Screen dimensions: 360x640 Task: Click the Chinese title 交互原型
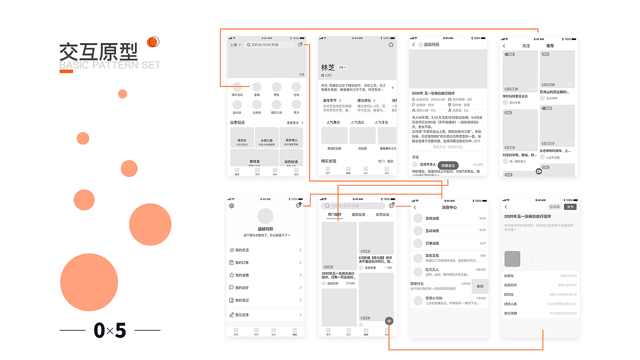(x=98, y=52)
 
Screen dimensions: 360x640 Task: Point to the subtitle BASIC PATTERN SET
(x=110, y=65)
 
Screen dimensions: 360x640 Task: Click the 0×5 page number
(x=110, y=330)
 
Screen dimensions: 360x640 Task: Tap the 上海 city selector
(x=235, y=45)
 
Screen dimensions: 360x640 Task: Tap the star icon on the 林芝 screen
(x=391, y=45)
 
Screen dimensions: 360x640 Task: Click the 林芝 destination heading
(x=328, y=67)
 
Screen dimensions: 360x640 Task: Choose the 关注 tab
(x=526, y=46)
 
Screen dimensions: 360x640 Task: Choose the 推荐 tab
(x=550, y=46)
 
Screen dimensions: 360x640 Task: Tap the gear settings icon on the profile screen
(x=231, y=205)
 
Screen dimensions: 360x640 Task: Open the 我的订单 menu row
(x=265, y=262)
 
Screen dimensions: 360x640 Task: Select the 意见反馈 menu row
(x=265, y=315)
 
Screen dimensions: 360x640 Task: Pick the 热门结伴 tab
(x=335, y=215)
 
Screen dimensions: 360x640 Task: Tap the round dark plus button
(x=389, y=321)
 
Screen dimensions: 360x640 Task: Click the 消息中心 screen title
(x=449, y=207)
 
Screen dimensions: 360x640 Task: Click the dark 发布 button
(x=570, y=207)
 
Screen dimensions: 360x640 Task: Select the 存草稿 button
(x=554, y=207)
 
